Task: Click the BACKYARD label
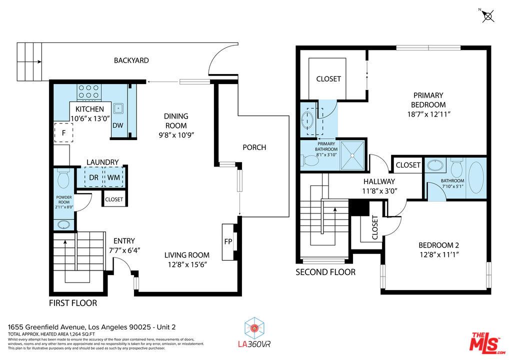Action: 131,60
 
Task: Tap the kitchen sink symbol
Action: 118,108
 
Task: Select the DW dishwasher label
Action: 118,125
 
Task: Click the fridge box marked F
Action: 63,132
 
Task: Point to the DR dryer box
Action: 94,177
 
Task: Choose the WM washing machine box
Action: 113,177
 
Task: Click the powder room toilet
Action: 63,178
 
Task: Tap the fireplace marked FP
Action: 228,242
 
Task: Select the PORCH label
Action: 254,147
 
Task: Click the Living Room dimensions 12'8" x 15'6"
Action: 187,264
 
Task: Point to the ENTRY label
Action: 124,241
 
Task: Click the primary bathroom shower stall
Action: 352,155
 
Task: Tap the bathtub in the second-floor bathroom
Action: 476,178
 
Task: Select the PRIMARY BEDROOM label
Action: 428,100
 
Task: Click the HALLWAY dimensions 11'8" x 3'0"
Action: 379,191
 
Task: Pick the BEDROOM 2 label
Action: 438,245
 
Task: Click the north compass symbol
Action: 488,15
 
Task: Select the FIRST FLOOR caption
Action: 73,303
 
